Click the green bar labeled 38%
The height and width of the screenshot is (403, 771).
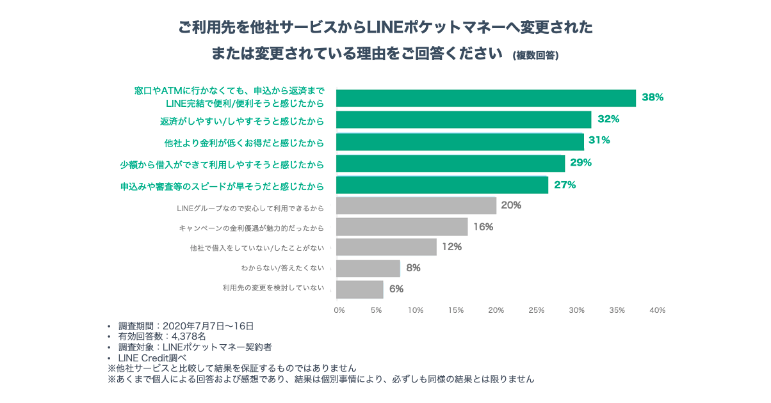(486, 98)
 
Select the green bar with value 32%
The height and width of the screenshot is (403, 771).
(464, 120)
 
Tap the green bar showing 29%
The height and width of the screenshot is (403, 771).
(451, 163)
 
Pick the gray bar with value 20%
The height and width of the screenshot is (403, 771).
(416, 205)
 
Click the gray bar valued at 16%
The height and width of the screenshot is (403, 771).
(402, 226)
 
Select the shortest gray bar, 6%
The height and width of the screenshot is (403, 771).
(360, 289)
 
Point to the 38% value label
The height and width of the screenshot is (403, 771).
(653, 98)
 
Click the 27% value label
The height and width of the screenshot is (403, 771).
(565, 185)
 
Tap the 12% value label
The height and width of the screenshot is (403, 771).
(451, 247)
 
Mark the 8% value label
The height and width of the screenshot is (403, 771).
(413, 268)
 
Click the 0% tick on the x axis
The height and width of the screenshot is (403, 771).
(339, 310)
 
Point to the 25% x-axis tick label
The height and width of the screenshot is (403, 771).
(536, 310)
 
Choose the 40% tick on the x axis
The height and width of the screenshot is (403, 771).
(658, 310)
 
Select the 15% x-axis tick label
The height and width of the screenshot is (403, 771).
(456, 310)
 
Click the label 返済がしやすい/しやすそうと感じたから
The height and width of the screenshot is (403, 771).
(241, 121)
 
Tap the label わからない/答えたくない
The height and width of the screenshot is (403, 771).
(282, 267)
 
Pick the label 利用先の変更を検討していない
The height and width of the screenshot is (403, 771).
(273, 288)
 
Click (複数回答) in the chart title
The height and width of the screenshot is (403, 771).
(535, 56)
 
